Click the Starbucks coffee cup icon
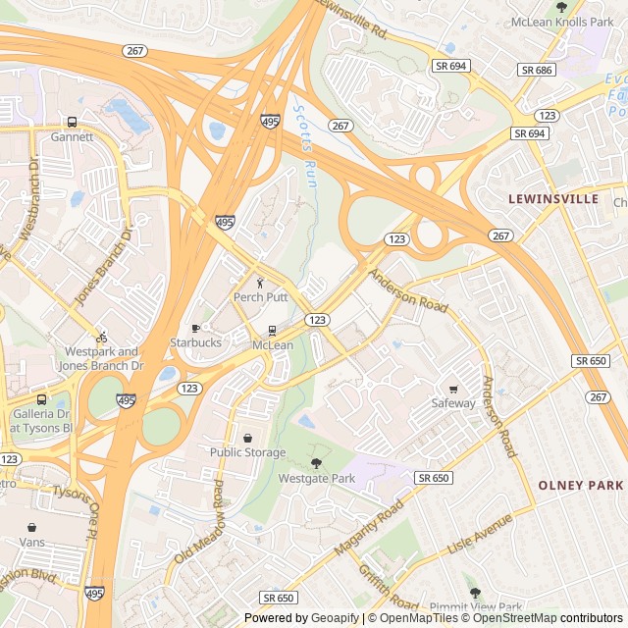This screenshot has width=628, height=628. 195,328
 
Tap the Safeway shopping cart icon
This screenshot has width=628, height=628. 452,389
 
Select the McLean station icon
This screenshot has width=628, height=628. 272,331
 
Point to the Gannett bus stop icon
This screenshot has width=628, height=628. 72,123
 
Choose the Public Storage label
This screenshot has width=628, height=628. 247,452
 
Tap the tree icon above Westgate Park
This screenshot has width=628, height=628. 316,463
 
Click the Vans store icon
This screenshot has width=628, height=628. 31,527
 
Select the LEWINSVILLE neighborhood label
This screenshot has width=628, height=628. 552,199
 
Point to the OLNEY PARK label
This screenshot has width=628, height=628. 580,486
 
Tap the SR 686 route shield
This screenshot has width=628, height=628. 537,70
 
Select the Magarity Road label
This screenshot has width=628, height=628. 368,528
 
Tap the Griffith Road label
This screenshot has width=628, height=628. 389,587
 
